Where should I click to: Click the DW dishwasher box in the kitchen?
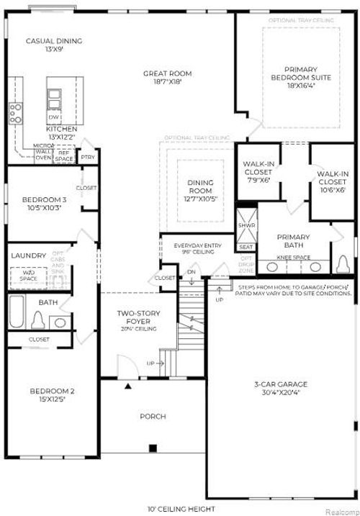pos(53,117)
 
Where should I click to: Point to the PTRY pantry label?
pos(87,156)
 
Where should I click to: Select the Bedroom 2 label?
pos(52,395)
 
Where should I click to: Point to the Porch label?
pos(153,416)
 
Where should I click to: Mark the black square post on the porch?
pos(153,448)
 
